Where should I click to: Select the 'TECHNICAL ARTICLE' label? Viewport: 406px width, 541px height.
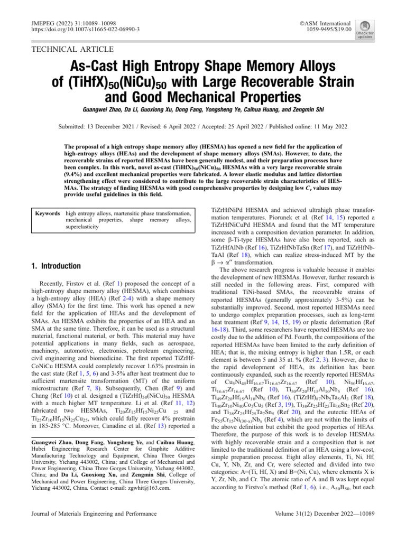73,50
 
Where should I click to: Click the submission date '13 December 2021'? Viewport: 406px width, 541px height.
121,127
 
